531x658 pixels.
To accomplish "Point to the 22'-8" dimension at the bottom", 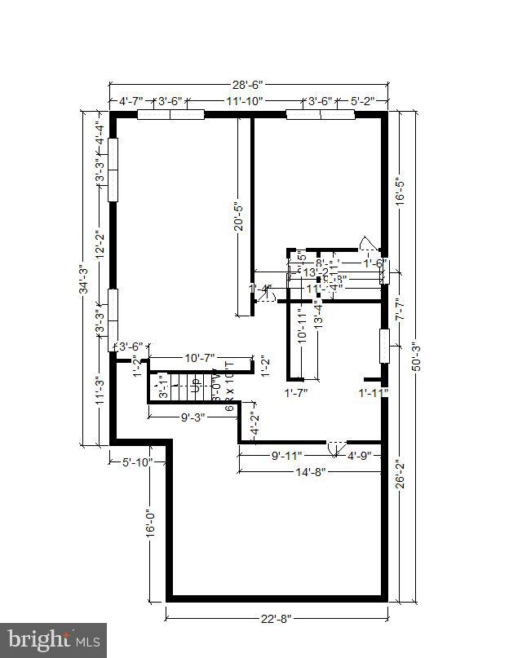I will [277, 616].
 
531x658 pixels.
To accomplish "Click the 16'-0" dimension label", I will [150, 523].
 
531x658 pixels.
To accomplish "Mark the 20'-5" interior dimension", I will [238, 216].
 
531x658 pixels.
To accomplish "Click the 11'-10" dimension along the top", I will [245, 101].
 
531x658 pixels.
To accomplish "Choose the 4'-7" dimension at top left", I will [131, 101].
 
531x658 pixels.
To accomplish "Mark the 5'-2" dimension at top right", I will [363, 101].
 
